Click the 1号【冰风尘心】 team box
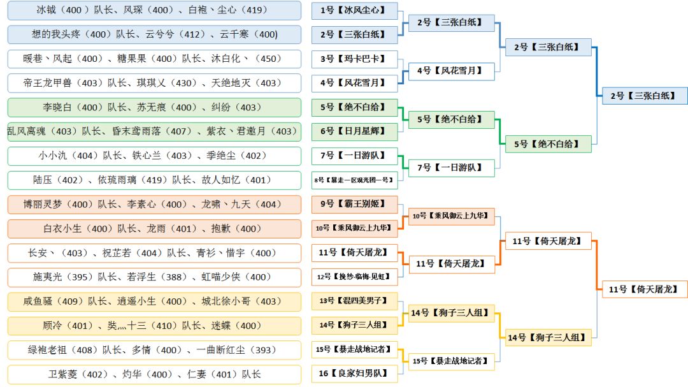(354, 10)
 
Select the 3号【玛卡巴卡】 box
(354, 59)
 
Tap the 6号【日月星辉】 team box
(354, 131)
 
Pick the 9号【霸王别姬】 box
(354, 204)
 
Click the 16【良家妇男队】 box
(354, 374)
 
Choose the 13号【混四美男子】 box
(354, 301)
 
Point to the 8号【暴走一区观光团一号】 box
(354, 180)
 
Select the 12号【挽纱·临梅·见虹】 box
(354, 277)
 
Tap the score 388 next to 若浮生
(171, 277)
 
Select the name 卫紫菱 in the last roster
(64, 374)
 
